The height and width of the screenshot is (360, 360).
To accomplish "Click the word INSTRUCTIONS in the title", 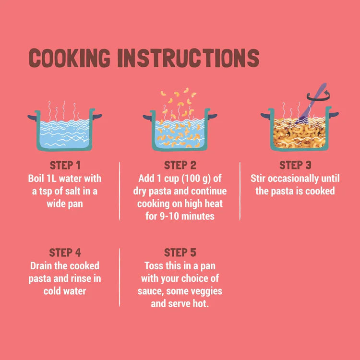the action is (188, 58).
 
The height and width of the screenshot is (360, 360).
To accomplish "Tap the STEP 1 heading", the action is (65, 165).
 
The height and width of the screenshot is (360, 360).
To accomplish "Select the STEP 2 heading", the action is (180, 165).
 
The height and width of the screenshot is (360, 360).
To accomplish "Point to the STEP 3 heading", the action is (295, 165).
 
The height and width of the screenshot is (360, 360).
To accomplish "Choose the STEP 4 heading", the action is (65, 252).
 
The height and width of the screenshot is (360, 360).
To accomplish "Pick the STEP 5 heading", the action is (180, 252).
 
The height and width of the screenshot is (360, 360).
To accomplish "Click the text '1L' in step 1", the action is (51, 179).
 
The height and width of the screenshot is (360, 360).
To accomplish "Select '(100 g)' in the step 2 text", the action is (196, 179).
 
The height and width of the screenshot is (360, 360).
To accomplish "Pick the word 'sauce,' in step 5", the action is (150, 291).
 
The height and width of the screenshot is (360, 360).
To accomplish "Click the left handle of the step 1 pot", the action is (32, 118).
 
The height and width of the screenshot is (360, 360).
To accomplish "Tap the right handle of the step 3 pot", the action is (334, 114).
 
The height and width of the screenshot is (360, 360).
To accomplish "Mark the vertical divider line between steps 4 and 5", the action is (120, 277).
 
